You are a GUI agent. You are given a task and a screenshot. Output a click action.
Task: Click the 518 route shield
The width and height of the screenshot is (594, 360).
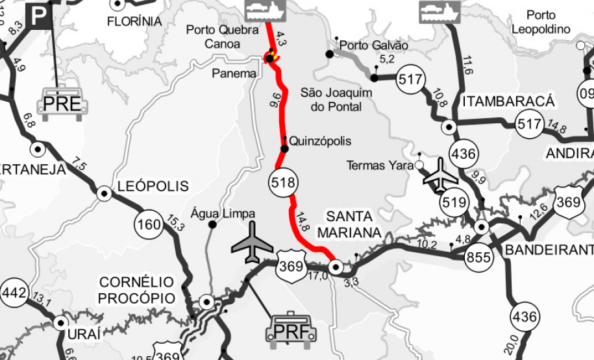284,182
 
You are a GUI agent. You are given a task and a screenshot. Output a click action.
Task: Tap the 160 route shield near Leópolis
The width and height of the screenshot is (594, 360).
149,224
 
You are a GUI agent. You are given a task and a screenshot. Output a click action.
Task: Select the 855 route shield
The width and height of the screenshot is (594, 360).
478,258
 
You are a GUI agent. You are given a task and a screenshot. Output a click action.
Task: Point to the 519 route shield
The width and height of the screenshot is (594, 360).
454,202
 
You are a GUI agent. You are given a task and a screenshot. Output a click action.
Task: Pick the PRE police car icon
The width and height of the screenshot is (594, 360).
62,104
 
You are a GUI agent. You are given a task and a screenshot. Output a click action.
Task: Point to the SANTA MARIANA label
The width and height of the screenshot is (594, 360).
349,224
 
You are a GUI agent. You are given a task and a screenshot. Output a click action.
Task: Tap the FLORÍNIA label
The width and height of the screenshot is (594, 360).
134,21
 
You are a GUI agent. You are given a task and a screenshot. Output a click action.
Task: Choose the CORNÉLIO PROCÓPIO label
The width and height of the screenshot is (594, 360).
136,290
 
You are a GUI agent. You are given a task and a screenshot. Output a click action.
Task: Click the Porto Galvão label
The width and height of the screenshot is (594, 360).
373,45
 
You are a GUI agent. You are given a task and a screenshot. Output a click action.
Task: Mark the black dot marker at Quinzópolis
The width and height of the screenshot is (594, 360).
284,149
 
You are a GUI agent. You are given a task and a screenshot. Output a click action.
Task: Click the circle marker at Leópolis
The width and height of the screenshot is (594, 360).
104,193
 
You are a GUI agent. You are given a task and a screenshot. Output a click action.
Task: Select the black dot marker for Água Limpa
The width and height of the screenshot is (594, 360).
212,224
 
